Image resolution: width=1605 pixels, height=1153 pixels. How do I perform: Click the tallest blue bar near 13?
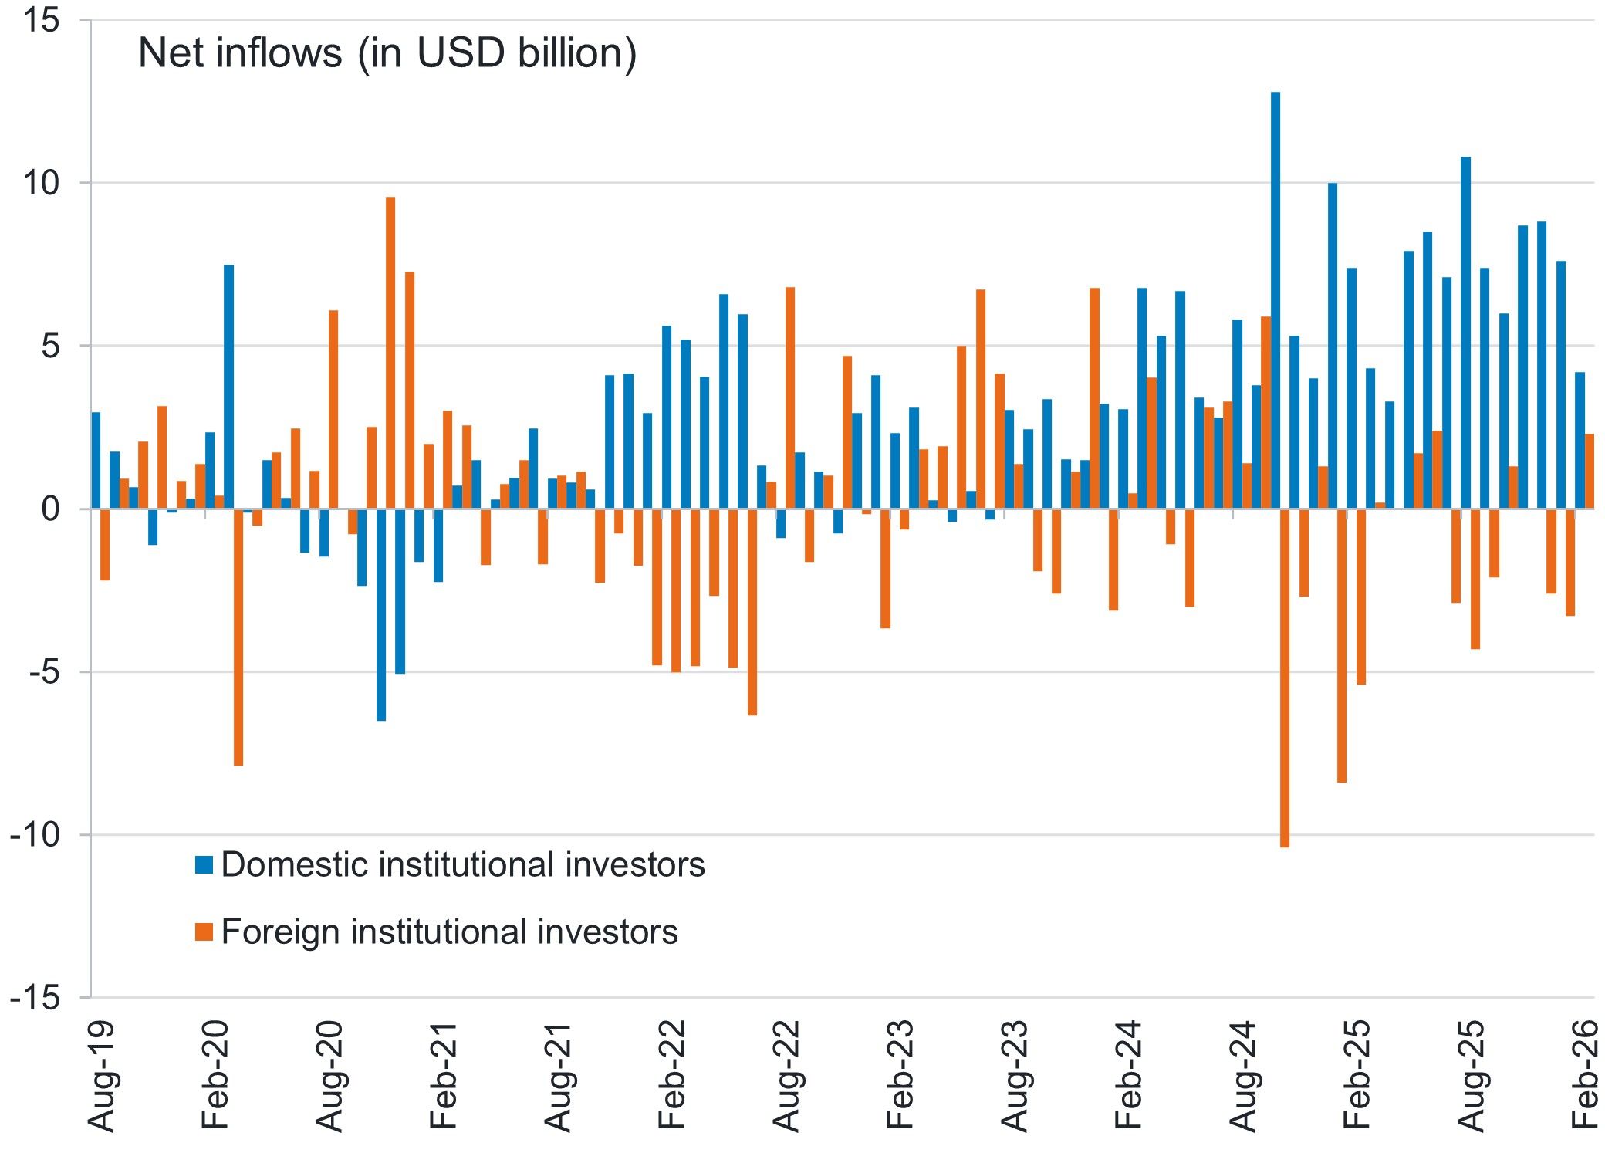1276,300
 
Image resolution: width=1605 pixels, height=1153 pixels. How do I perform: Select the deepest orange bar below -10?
1285,678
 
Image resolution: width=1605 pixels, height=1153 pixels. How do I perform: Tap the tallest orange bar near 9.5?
390,353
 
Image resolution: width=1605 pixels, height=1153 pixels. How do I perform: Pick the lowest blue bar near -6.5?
381,614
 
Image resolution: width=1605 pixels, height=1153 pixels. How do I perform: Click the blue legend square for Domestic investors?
204,864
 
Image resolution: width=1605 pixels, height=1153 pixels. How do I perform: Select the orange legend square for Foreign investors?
204,932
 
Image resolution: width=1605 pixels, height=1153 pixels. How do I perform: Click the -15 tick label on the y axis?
35,998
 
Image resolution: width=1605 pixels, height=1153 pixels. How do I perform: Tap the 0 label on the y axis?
50,509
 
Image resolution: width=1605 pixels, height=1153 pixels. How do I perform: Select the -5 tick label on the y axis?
43,672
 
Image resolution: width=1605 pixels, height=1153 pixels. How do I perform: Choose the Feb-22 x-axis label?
672,1075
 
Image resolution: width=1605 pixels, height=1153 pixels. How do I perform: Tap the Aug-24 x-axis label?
1243,1076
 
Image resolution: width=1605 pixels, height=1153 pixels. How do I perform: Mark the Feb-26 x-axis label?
1585,1075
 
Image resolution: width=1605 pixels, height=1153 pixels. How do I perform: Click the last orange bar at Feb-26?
1590,472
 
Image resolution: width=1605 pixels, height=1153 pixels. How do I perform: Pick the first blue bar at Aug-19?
96,461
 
